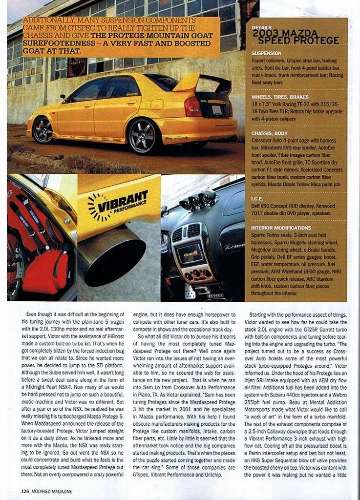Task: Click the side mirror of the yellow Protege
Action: point(63,96)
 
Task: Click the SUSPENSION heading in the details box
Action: point(266,53)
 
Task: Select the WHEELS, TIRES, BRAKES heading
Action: point(279,97)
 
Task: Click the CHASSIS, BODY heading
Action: point(270,133)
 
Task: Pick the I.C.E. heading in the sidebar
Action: point(257,199)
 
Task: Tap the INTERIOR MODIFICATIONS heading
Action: point(281,228)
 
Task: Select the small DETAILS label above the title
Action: point(261,28)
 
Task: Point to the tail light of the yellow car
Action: point(192,106)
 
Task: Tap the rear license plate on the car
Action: point(216,110)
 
